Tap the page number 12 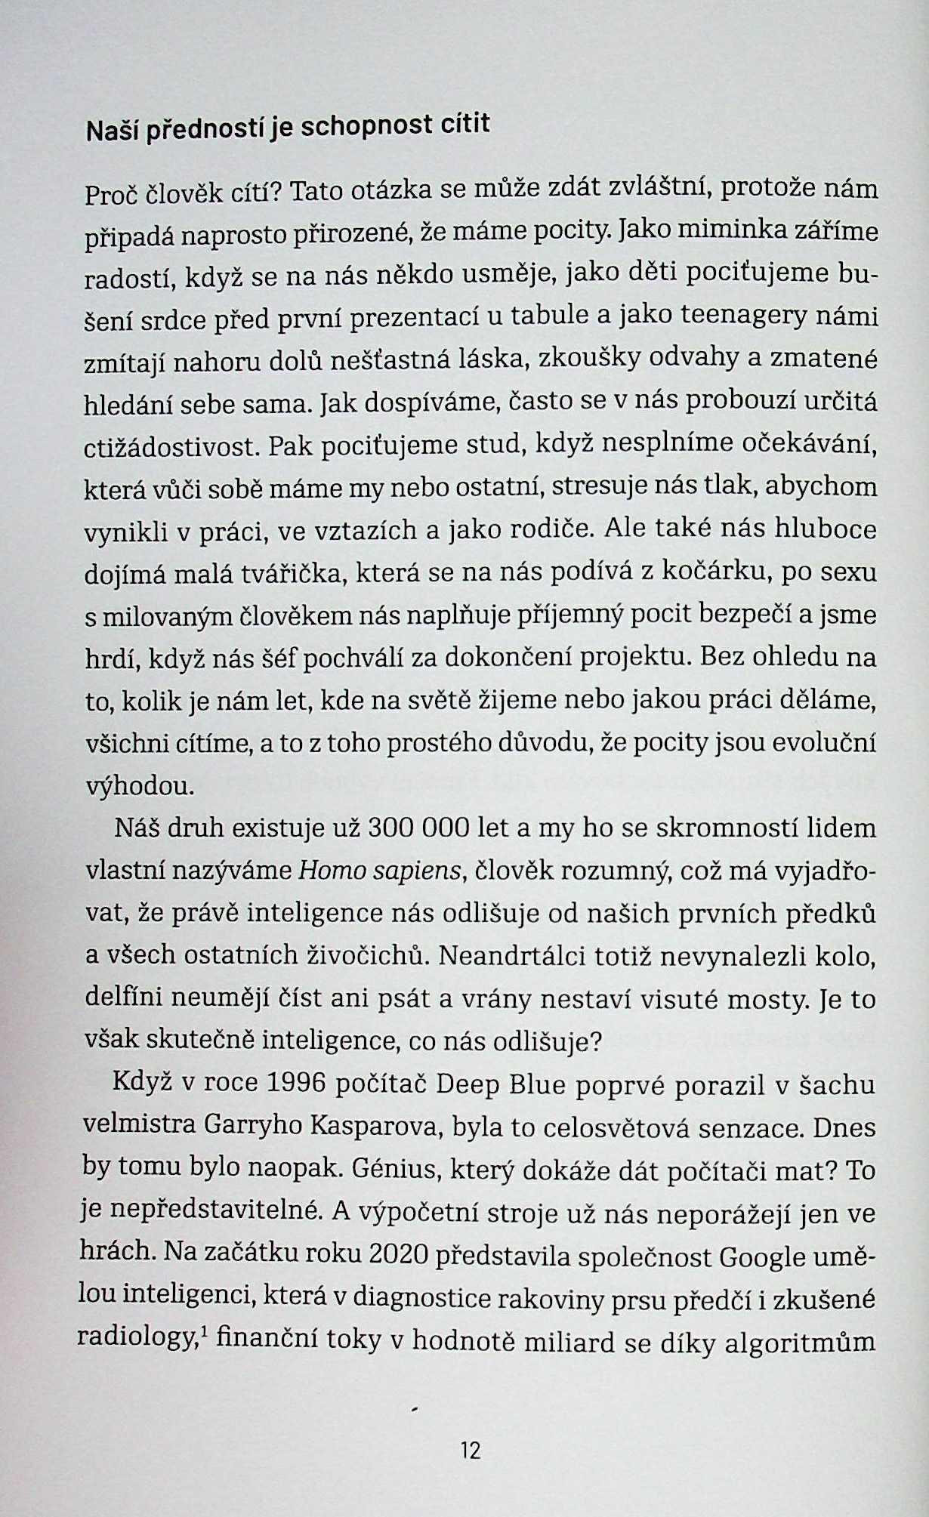[470, 1450]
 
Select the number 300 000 [412, 828]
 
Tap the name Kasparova [374, 1127]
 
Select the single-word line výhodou [139, 787]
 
